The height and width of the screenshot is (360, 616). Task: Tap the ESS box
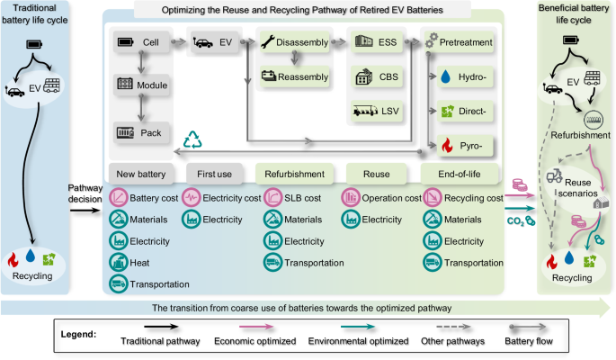[x=375, y=43]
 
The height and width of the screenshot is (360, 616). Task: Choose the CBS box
[x=375, y=77]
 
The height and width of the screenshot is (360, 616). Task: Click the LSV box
[x=375, y=112]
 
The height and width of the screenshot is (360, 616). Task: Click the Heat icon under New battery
[x=118, y=262]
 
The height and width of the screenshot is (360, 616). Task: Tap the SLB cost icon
[x=272, y=196]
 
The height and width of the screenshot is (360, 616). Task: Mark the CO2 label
[x=514, y=219]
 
